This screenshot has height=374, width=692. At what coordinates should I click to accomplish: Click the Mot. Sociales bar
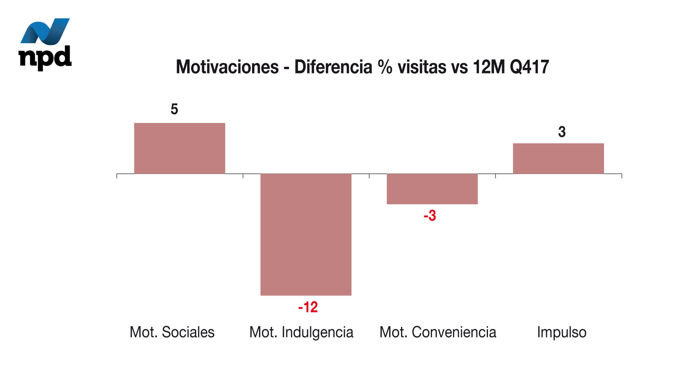tap(180, 148)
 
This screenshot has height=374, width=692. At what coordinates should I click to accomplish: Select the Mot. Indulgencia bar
tap(306, 234)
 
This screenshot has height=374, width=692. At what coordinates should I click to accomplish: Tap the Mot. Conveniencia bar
tap(432, 189)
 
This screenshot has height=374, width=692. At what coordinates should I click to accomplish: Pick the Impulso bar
tap(558, 158)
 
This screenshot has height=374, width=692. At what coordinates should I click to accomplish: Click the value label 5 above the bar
tap(174, 109)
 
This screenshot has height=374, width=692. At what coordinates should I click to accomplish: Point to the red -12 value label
tap(308, 307)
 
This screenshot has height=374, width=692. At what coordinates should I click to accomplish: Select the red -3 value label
tap(430, 216)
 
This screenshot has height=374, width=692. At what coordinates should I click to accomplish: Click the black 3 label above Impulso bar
tap(562, 132)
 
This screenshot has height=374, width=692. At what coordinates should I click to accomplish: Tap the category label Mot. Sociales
tap(172, 332)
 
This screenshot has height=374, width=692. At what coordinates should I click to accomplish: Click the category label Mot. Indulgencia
tap(301, 332)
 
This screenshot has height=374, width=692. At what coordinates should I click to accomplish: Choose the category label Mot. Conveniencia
tap(438, 332)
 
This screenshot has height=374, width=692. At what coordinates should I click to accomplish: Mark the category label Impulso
tap(561, 332)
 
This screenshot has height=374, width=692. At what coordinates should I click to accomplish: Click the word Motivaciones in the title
tap(227, 67)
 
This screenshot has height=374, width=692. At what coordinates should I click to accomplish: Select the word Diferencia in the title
tap(333, 67)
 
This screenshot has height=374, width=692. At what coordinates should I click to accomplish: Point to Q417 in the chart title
tap(529, 67)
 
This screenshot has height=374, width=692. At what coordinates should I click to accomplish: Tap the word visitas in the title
tap(422, 67)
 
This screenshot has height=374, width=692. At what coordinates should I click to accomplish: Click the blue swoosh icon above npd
tap(45, 31)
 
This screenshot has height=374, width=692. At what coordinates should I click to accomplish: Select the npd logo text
tap(45, 57)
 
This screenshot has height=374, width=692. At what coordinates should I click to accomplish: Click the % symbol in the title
tap(385, 67)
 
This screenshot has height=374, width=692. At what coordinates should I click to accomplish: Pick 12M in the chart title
tap(489, 67)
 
